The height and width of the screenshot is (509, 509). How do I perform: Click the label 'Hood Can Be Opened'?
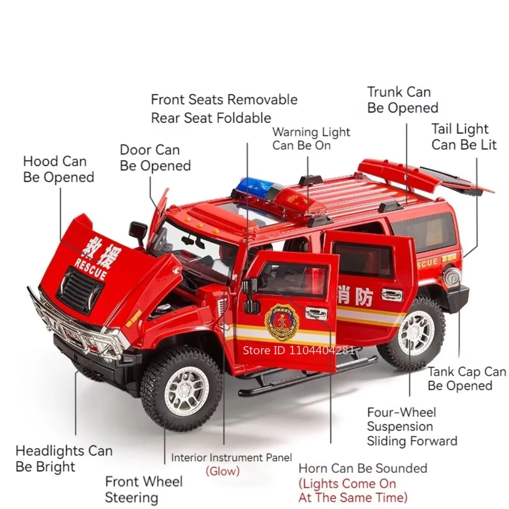click(x=59, y=169)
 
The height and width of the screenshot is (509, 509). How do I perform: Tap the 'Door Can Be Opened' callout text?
click(x=155, y=158)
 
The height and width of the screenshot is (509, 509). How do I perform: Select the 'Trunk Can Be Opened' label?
click(x=403, y=100)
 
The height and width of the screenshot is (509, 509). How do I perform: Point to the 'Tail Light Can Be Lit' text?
click(x=464, y=136)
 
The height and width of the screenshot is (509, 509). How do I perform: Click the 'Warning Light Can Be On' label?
click(x=311, y=138)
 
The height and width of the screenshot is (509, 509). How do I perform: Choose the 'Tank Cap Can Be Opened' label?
click(x=466, y=379)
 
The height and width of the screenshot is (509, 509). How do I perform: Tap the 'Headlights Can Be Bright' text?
click(x=64, y=459)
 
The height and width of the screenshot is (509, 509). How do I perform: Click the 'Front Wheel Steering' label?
click(x=144, y=489)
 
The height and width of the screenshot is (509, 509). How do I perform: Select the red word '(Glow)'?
click(x=223, y=471)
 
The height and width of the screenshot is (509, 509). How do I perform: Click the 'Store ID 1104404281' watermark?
click(x=299, y=350)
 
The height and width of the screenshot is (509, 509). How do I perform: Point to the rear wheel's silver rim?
click(x=416, y=331)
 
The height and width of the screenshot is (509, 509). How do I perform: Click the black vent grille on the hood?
click(x=79, y=291)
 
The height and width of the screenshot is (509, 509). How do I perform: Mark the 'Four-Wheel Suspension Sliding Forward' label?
click(x=412, y=427)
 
